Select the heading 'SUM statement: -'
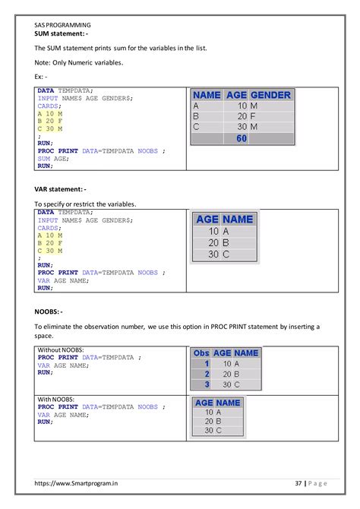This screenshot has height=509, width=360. pos(62,34)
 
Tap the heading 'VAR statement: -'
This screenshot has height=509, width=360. pos(61,188)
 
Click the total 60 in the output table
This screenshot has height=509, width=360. pos(242,139)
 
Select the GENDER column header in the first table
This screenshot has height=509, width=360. pos(270,95)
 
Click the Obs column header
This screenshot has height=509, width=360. pos(202,353)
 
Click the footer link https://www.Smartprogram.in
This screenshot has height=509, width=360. pos(76,483)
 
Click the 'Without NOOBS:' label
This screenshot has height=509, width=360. pos(57,350)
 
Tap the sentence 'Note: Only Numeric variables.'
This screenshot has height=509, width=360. pos(77,62)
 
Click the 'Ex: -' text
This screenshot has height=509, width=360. pos(41,77)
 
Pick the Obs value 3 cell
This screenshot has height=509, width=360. pos(207,384)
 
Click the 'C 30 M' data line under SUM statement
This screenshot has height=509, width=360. pos(50,128)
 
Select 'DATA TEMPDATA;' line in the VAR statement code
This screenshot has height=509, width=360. pos(65,213)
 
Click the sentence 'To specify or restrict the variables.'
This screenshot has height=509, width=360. pos(85,204)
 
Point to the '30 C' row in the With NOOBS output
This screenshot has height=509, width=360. pos(213,431)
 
